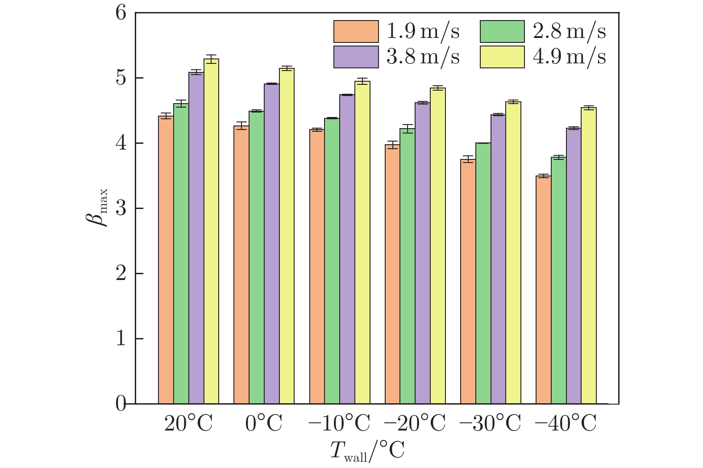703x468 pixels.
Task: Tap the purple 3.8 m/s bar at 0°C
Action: click(271, 244)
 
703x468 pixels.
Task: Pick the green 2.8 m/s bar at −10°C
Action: click(332, 261)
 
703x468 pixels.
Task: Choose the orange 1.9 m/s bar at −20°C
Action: click(392, 274)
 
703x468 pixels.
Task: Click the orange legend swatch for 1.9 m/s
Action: click(356, 31)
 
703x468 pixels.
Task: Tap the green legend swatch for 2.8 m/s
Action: click(502, 31)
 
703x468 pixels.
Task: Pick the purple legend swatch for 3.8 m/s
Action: click(356, 57)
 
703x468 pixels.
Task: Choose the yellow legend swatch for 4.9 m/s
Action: click(502, 57)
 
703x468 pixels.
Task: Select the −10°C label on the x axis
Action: click(339, 423)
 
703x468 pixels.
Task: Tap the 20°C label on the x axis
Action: click(188, 423)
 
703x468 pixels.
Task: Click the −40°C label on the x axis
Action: click(566, 423)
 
